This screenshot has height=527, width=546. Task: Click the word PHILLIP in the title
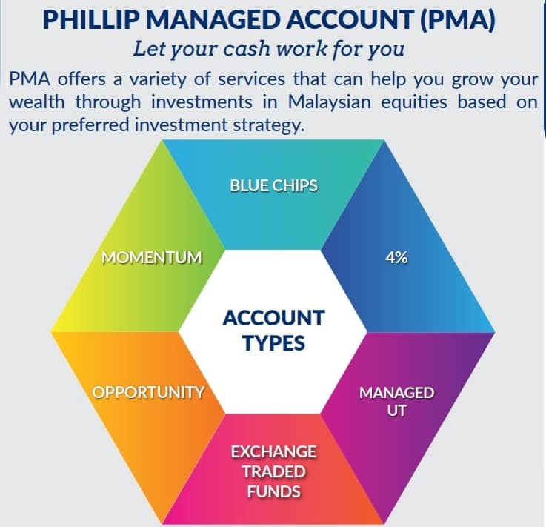(92, 19)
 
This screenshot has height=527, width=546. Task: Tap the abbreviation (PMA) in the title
(458, 20)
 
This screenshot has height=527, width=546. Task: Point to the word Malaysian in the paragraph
(330, 103)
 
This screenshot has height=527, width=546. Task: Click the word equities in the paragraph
(414, 103)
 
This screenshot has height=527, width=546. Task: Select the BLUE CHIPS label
(273, 185)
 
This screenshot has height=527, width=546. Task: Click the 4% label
(396, 258)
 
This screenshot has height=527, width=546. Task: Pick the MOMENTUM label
(152, 258)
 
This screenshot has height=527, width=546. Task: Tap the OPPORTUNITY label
(148, 392)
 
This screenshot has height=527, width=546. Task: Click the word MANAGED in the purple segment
(396, 393)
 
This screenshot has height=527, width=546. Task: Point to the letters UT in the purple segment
(396, 411)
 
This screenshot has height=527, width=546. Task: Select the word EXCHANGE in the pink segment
(273, 452)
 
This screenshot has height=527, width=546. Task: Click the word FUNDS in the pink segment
(273, 492)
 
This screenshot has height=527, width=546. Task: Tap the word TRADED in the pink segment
(273, 472)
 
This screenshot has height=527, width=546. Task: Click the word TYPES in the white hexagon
(273, 343)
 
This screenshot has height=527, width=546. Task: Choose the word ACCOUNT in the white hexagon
(273, 318)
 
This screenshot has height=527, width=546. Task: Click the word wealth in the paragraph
(37, 102)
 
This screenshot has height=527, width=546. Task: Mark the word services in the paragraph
(251, 79)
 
